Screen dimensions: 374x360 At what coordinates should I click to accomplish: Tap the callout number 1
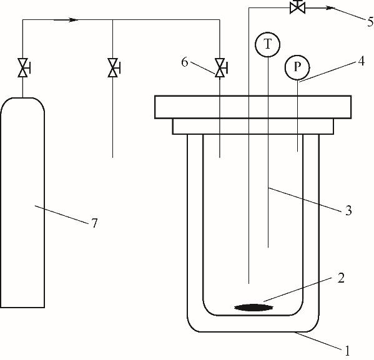pyautogui.click(x=347, y=351)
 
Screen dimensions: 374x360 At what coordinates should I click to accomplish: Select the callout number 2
pyautogui.click(x=341, y=278)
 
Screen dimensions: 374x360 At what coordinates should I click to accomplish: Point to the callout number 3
pyautogui.click(x=348, y=210)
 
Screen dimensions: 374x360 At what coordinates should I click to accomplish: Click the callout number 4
pyautogui.click(x=362, y=61)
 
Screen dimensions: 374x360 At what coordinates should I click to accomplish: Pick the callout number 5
pyautogui.click(x=370, y=22)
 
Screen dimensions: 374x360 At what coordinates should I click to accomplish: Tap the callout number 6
pyautogui.click(x=185, y=62)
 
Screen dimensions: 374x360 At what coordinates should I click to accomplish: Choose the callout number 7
pyautogui.click(x=95, y=223)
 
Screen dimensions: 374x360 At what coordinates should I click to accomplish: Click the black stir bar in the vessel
pyautogui.click(x=253, y=308)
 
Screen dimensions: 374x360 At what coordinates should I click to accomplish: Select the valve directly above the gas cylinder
pyautogui.click(x=23, y=68)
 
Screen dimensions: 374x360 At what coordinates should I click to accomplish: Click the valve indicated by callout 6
pyautogui.click(x=220, y=68)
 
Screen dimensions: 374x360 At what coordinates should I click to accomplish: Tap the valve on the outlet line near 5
pyautogui.click(x=297, y=7)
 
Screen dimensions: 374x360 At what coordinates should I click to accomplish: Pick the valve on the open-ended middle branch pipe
pyautogui.click(x=113, y=68)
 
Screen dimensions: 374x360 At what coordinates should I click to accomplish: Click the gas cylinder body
pyautogui.click(x=22, y=202)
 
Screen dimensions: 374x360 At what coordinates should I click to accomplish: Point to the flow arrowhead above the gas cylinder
pyautogui.click(x=74, y=20)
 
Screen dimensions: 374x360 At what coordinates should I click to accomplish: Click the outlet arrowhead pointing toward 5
pyautogui.click(x=330, y=8)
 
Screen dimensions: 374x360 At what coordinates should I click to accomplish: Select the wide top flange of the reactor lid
pyautogui.click(x=253, y=107)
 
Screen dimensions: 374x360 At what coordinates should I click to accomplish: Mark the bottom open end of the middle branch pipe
pyautogui.click(x=112, y=158)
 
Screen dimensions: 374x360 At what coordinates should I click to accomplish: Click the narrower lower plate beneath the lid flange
pyautogui.click(x=253, y=127)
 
